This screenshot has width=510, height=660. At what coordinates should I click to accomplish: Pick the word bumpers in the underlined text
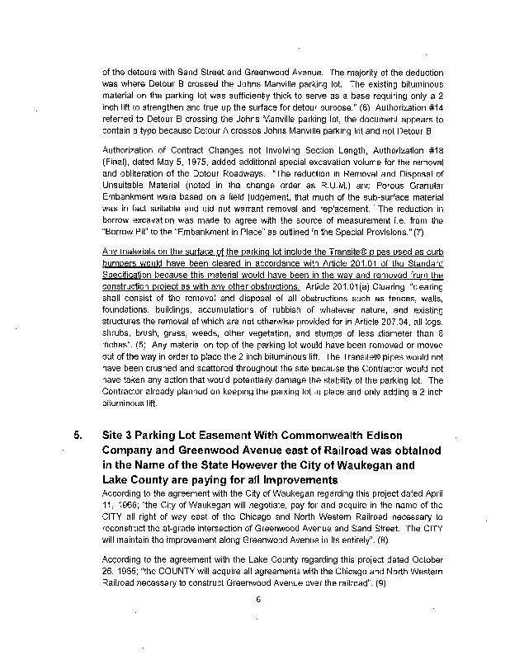[x=120, y=262]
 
